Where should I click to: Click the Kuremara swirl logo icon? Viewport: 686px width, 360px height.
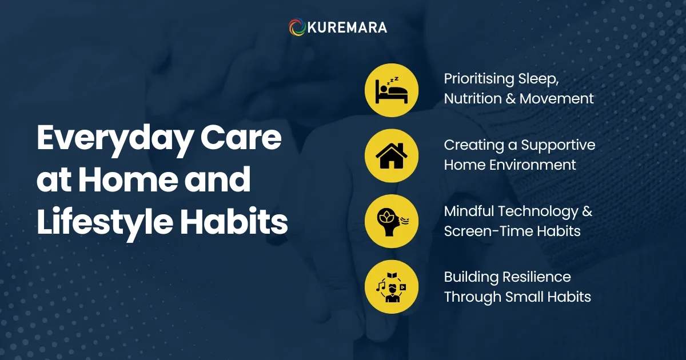(297, 27)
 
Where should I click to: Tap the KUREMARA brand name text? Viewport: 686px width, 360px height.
(347, 27)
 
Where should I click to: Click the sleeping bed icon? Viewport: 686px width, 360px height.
(392, 90)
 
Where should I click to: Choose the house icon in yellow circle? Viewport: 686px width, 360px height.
(392, 155)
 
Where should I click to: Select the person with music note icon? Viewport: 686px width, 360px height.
(392, 287)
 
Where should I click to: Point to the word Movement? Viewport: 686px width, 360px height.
(557, 98)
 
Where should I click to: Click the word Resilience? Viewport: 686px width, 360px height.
(537, 277)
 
